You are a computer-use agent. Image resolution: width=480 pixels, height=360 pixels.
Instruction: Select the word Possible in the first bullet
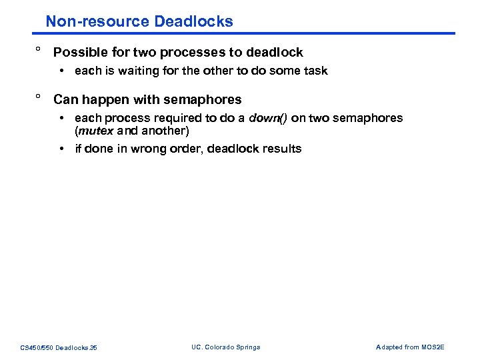tap(80, 53)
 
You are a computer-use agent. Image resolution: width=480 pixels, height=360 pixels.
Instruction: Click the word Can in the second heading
tap(65, 100)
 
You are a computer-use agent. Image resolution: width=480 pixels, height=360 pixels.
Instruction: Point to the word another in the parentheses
tap(164, 131)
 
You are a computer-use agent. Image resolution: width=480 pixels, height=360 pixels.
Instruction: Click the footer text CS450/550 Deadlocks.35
tap(59, 347)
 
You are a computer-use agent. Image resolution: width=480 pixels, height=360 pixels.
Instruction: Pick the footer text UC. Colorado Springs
tap(225, 347)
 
